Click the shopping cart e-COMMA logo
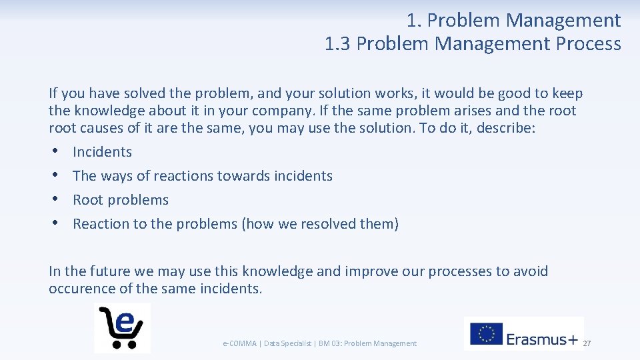122,327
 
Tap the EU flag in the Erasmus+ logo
486,334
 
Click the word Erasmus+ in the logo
542,339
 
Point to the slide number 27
587,343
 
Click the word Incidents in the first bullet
102,152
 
